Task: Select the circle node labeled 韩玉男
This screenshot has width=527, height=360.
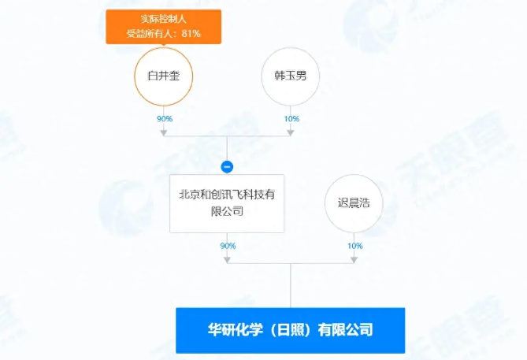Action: [x=291, y=76]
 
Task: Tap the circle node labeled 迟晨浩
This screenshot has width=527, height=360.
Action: [x=354, y=203]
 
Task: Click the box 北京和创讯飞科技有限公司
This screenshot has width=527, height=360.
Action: [x=227, y=203]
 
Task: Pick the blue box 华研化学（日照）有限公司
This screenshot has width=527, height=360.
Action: [x=291, y=330]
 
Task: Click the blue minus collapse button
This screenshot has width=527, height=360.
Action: [x=227, y=167]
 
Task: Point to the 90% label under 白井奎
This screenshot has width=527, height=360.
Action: [x=165, y=119]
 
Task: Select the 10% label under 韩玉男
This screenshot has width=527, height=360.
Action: [x=291, y=119]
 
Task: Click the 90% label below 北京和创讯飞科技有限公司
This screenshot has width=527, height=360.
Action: [x=228, y=246]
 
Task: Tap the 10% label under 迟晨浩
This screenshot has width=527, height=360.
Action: [x=355, y=246]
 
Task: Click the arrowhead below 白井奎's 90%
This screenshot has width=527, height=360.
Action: [x=164, y=133]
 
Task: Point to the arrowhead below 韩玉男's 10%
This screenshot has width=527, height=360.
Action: [x=291, y=133]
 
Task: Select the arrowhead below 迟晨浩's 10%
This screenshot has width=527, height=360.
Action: [x=354, y=260]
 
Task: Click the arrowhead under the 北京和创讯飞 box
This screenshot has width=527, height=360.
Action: [x=227, y=260]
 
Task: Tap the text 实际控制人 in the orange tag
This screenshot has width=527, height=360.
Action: [x=163, y=19]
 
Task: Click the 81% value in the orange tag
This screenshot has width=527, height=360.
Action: [x=191, y=34]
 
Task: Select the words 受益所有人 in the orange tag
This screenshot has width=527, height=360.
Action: [x=148, y=34]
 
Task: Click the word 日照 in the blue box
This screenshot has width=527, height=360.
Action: [x=291, y=330]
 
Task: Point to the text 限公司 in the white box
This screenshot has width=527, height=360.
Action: [x=227, y=211]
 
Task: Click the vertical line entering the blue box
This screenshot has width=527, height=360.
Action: [x=291, y=285]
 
